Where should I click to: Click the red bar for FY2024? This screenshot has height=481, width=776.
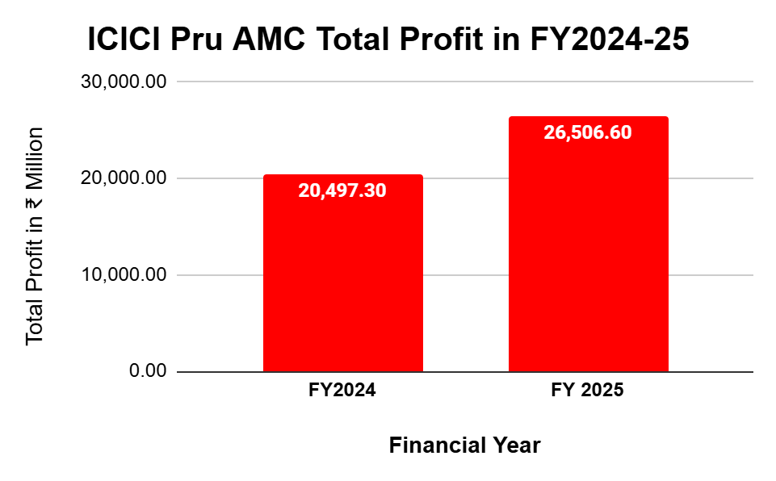pyautogui.click(x=342, y=282)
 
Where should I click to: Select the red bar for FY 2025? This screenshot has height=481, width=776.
pyautogui.click(x=588, y=258)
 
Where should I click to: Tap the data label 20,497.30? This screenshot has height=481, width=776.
pyautogui.click(x=342, y=191)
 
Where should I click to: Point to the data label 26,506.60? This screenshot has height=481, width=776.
pyautogui.click(x=588, y=133)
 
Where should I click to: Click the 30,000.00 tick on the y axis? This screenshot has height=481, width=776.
pyautogui.click(x=126, y=82)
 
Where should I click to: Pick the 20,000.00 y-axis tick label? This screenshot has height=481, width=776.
pyautogui.click(x=126, y=178)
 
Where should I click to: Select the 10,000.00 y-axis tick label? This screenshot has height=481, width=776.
pyautogui.click(x=126, y=275)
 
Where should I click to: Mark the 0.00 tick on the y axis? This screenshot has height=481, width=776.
pyautogui.click(x=147, y=372)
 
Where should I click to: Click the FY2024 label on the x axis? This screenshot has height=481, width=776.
pyautogui.click(x=342, y=391)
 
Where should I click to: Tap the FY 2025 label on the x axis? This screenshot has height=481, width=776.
pyautogui.click(x=588, y=391)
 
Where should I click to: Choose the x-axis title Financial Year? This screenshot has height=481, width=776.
pyautogui.click(x=464, y=445)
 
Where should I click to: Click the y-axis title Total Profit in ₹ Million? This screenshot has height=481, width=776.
pyautogui.click(x=34, y=236)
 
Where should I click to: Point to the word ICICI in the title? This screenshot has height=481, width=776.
pyautogui.click(x=127, y=40)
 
